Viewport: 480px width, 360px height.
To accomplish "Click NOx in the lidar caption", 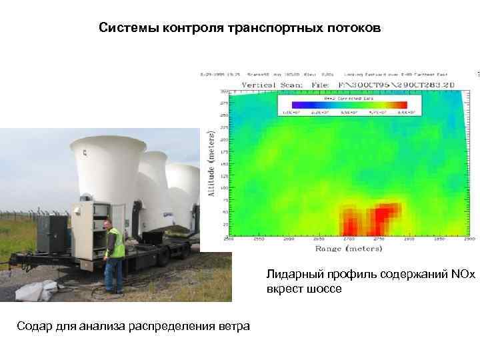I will tap(461, 274).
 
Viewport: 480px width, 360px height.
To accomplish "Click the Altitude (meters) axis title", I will tap(211, 163).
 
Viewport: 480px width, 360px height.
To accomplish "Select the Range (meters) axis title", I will tap(349, 248).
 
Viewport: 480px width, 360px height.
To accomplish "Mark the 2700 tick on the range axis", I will tap(348, 238).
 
